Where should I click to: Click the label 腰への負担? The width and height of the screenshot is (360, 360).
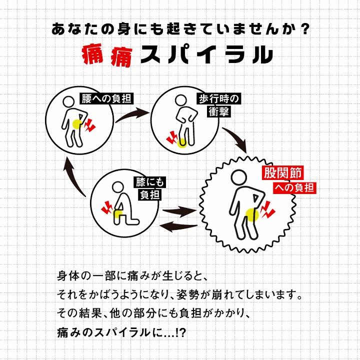tap(106, 99)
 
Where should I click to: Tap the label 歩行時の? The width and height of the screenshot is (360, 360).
tap(219, 99)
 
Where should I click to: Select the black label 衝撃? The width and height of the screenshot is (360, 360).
tap(219, 112)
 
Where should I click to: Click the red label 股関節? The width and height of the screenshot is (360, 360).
tap(282, 173)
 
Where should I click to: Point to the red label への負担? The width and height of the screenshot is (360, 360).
tap(294, 188)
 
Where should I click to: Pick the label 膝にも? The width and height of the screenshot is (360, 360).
tap(150, 182)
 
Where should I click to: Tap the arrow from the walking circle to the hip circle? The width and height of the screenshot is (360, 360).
tap(236, 139)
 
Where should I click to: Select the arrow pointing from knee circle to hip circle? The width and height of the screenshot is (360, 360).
tap(178, 211)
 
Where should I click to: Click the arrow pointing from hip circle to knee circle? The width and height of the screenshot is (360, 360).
tap(178, 226)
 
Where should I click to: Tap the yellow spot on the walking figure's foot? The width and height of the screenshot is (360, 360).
tap(181, 143)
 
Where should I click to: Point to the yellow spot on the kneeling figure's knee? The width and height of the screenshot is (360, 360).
tap(118, 214)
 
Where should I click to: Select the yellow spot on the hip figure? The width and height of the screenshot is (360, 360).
tap(252, 214)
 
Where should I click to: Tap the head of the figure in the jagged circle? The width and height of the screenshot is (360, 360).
tap(239, 177)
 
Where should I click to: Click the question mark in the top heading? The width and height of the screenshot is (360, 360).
tap(304, 29)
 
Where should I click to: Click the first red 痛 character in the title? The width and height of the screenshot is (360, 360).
tap(93, 55)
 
